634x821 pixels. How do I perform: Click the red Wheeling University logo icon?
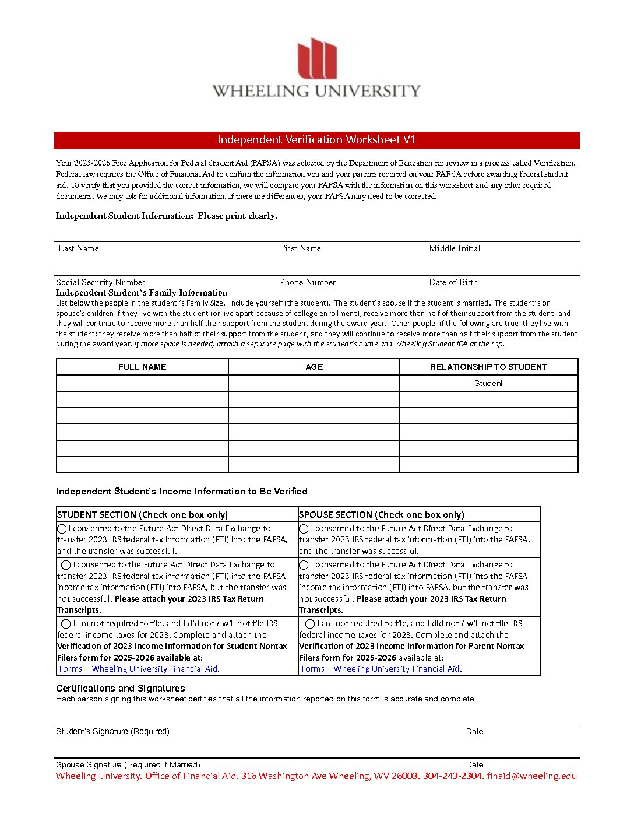pyautogui.click(x=317, y=59)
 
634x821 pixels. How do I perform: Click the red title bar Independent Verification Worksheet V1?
pyautogui.click(x=317, y=140)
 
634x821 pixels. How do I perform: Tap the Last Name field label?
pyautogui.click(x=79, y=248)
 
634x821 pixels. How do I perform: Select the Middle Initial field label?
pyautogui.click(x=455, y=248)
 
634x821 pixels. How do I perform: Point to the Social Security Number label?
pyautogui.click(x=101, y=282)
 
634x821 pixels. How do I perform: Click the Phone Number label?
pyautogui.click(x=308, y=282)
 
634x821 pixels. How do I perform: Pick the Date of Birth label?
pyautogui.click(x=453, y=282)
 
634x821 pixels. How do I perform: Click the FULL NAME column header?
pyautogui.click(x=142, y=367)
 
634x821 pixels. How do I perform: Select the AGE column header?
pyautogui.click(x=314, y=367)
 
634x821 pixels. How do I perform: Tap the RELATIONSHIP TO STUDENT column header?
pyautogui.click(x=488, y=367)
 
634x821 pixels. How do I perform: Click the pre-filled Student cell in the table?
pyautogui.click(x=488, y=383)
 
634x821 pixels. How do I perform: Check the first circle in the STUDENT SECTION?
pyautogui.click(x=62, y=529)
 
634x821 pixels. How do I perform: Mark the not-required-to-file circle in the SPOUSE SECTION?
pyautogui.click(x=310, y=624)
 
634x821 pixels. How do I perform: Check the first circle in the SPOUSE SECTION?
pyautogui.click(x=304, y=529)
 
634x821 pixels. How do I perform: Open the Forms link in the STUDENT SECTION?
pyautogui.click(x=139, y=669)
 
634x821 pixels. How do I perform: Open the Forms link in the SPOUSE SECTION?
pyautogui.click(x=381, y=669)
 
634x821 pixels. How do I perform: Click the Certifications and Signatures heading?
pyautogui.click(x=121, y=688)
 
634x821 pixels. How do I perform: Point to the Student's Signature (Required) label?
pyautogui.click(x=112, y=731)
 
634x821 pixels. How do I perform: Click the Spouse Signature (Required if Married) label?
pyautogui.click(x=128, y=764)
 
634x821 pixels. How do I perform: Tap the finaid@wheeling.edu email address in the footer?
pyautogui.click(x=532, y=776)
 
